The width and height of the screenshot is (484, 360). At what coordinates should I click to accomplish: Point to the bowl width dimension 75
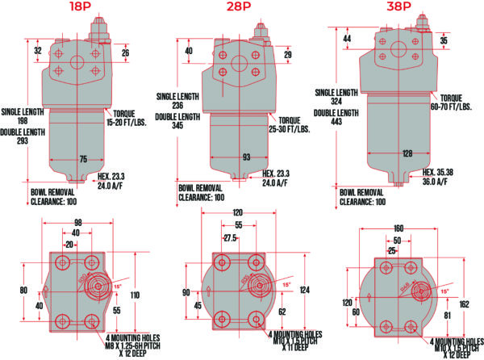click(82, 159)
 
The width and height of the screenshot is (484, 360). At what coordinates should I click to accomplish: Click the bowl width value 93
click(245, 157)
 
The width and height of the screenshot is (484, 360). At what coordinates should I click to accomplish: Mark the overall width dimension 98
click(77, 222)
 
